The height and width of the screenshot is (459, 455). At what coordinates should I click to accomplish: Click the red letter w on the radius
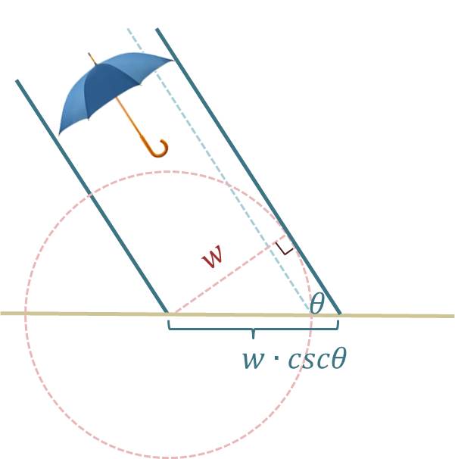[213, 257]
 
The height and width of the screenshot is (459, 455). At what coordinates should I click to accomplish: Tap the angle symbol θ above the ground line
[317, 304]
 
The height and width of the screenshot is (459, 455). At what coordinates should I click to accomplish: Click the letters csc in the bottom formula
[307, 358]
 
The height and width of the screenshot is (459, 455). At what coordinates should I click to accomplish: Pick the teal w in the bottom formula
[253, 359]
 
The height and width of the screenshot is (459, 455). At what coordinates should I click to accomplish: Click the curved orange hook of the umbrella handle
[158, 148]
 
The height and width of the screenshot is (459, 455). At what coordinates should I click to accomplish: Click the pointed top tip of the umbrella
[89, 55]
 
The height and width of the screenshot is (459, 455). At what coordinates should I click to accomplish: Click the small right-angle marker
[285, 248]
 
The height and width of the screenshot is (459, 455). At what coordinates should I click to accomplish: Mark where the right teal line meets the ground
[340, 314]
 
